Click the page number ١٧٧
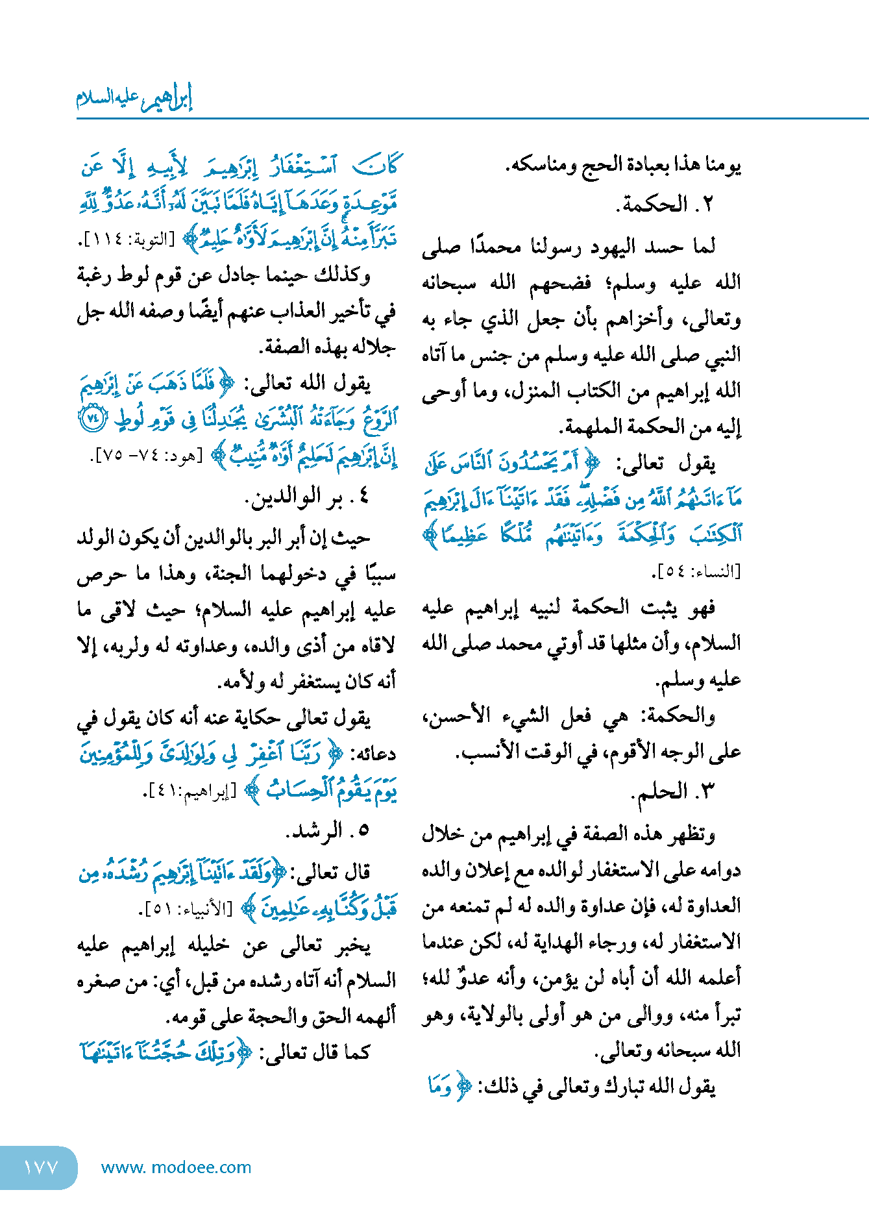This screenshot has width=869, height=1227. (x=40, y=1167)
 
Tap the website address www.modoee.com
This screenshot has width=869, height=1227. (x=176, y=1167)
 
